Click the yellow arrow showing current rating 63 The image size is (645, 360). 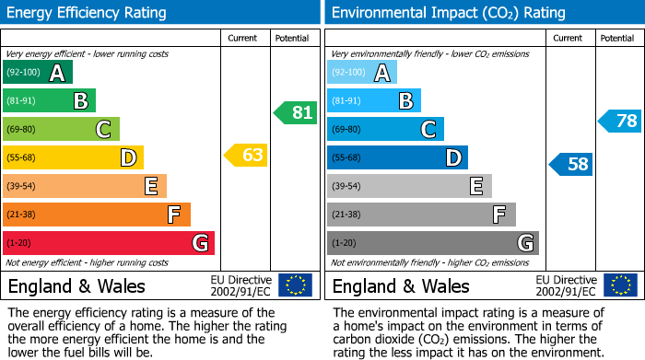[246, 155]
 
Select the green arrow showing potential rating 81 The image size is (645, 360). [295, 113]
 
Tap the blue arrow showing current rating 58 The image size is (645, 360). [570, 165]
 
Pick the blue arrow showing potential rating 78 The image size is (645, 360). [620, 121]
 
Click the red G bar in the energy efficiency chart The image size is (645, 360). [108, 243]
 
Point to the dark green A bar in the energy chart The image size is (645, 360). [37, 73]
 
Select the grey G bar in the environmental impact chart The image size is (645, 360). [432, 243]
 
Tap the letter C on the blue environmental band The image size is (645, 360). [428, 130]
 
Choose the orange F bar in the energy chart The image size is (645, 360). [96, 215]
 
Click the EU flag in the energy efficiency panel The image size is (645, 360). [295, 285]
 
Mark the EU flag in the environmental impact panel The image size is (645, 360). [621, 285]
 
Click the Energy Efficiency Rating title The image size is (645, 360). [88, 13]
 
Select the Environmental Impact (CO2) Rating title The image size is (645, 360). [448, 13]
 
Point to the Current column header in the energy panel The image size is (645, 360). [242, 38]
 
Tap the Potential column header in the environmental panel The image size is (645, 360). [616, 38]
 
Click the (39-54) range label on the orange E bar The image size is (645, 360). [21, 187]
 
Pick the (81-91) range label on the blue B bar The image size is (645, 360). [346, 101]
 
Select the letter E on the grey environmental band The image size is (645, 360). [476, 187]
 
